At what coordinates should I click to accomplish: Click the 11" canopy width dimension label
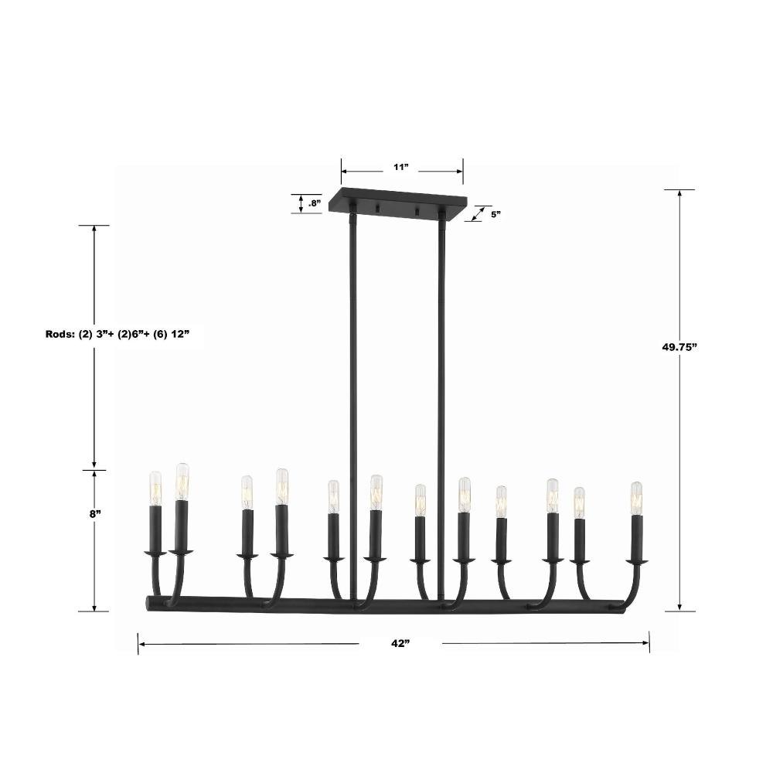(401, 167)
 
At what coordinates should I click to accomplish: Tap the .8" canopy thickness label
(315, 203)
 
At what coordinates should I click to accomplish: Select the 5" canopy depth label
(495, 214)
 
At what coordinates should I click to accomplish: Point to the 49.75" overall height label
(679, 346)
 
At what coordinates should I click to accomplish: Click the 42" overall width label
(401, 643)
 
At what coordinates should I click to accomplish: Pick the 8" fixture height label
(95, 514)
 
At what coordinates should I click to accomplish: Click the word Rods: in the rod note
(60, 334)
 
